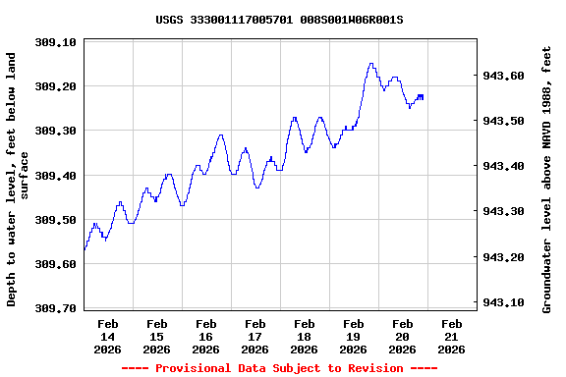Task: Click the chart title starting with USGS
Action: click(279, 19)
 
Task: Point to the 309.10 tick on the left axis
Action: click(56, 42)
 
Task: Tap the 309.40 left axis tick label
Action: click(56, 176)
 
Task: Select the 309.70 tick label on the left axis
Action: click(56, 308)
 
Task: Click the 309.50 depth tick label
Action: click(56, 220)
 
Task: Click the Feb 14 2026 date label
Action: click(108, 336)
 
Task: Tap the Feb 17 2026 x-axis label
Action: click(255, 336)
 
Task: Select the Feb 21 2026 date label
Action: click(452, 336)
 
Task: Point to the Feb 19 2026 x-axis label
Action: click(354, 336)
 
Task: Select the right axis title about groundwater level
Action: click(546, 177)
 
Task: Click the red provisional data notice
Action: click(279, 368)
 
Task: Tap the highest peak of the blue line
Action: click(370, 64)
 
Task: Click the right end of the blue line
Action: click(423, 97)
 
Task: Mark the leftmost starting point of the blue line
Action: click(85, 249)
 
